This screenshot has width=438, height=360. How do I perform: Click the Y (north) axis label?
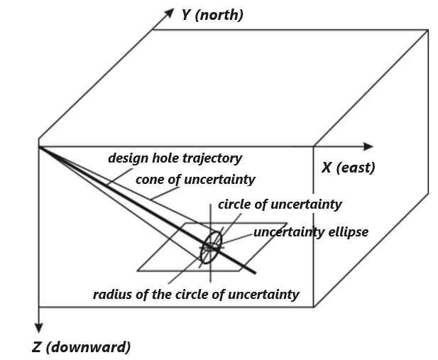(x=212, y=15)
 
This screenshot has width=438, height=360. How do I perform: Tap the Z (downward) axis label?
(x=81, y=347)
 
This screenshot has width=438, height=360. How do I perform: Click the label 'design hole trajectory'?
(x=175, y=158)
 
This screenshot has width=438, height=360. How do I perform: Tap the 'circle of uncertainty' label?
(x=280, y=204)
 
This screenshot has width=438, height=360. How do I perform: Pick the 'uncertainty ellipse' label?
(x=311, y=232)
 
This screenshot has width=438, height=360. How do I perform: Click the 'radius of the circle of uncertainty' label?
(x=196, y=294)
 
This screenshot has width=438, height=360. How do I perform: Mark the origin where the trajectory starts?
(x=39, y=147)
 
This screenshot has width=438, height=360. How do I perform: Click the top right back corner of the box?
(x=428, y=29)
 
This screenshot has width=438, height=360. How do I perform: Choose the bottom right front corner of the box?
(x=314, y=307)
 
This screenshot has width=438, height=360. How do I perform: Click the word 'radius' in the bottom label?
(x=111, y=294)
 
